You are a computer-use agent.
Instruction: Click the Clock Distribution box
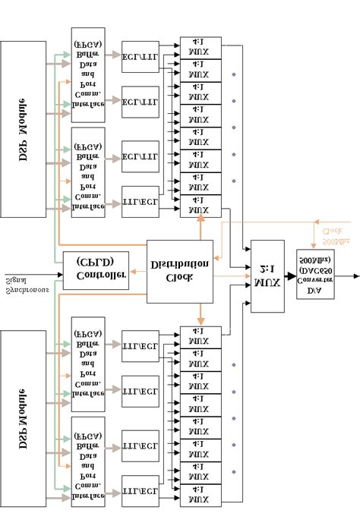(179, 271)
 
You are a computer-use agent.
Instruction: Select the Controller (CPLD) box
(95, 270)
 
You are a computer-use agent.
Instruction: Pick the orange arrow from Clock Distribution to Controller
(137, 271)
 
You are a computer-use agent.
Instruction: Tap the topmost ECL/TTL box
(140, 56)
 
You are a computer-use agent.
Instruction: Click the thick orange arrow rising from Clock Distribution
(201, 228)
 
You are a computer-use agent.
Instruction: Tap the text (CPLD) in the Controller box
(95, 263)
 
